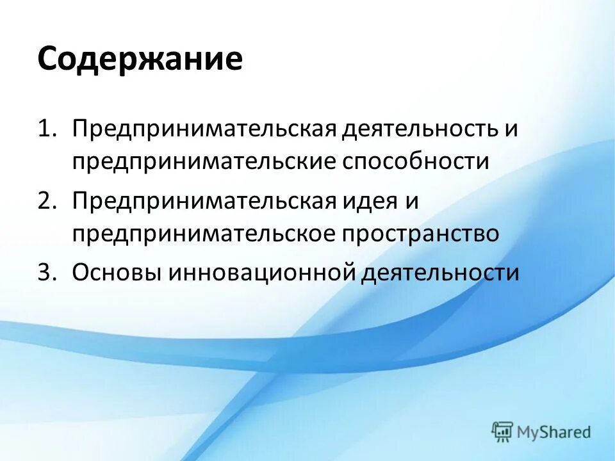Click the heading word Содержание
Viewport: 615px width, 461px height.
tap(140, 60)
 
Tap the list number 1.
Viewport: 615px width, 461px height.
tap(47, 127)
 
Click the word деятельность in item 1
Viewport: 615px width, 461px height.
tap(420, 127)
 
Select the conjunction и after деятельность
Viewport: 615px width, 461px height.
tap(509, 127)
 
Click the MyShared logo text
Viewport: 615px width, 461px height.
tap(554, 432)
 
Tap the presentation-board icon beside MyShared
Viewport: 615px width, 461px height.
tap(503, 432)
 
